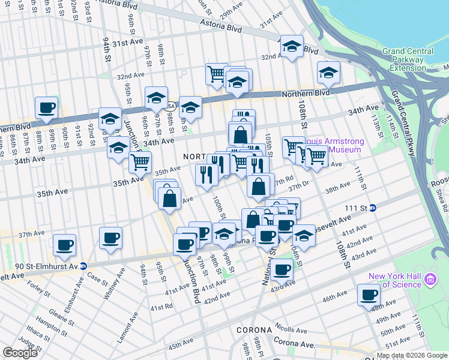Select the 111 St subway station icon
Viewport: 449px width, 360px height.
coord(372,208)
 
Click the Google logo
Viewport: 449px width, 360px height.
coord(20,353)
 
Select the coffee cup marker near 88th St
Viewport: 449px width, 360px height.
coord(47,108)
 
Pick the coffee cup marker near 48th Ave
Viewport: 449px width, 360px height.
coord(369,295)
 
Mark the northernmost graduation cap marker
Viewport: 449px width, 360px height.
coord(292,46)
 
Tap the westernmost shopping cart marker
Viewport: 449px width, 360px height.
coord(140,161)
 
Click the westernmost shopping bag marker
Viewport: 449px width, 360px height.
coord(170,198)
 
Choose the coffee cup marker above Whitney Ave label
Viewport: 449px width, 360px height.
coord(110,238)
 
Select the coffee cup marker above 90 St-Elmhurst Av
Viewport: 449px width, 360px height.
coord(64,245)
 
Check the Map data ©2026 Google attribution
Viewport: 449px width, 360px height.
coord(411,355)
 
